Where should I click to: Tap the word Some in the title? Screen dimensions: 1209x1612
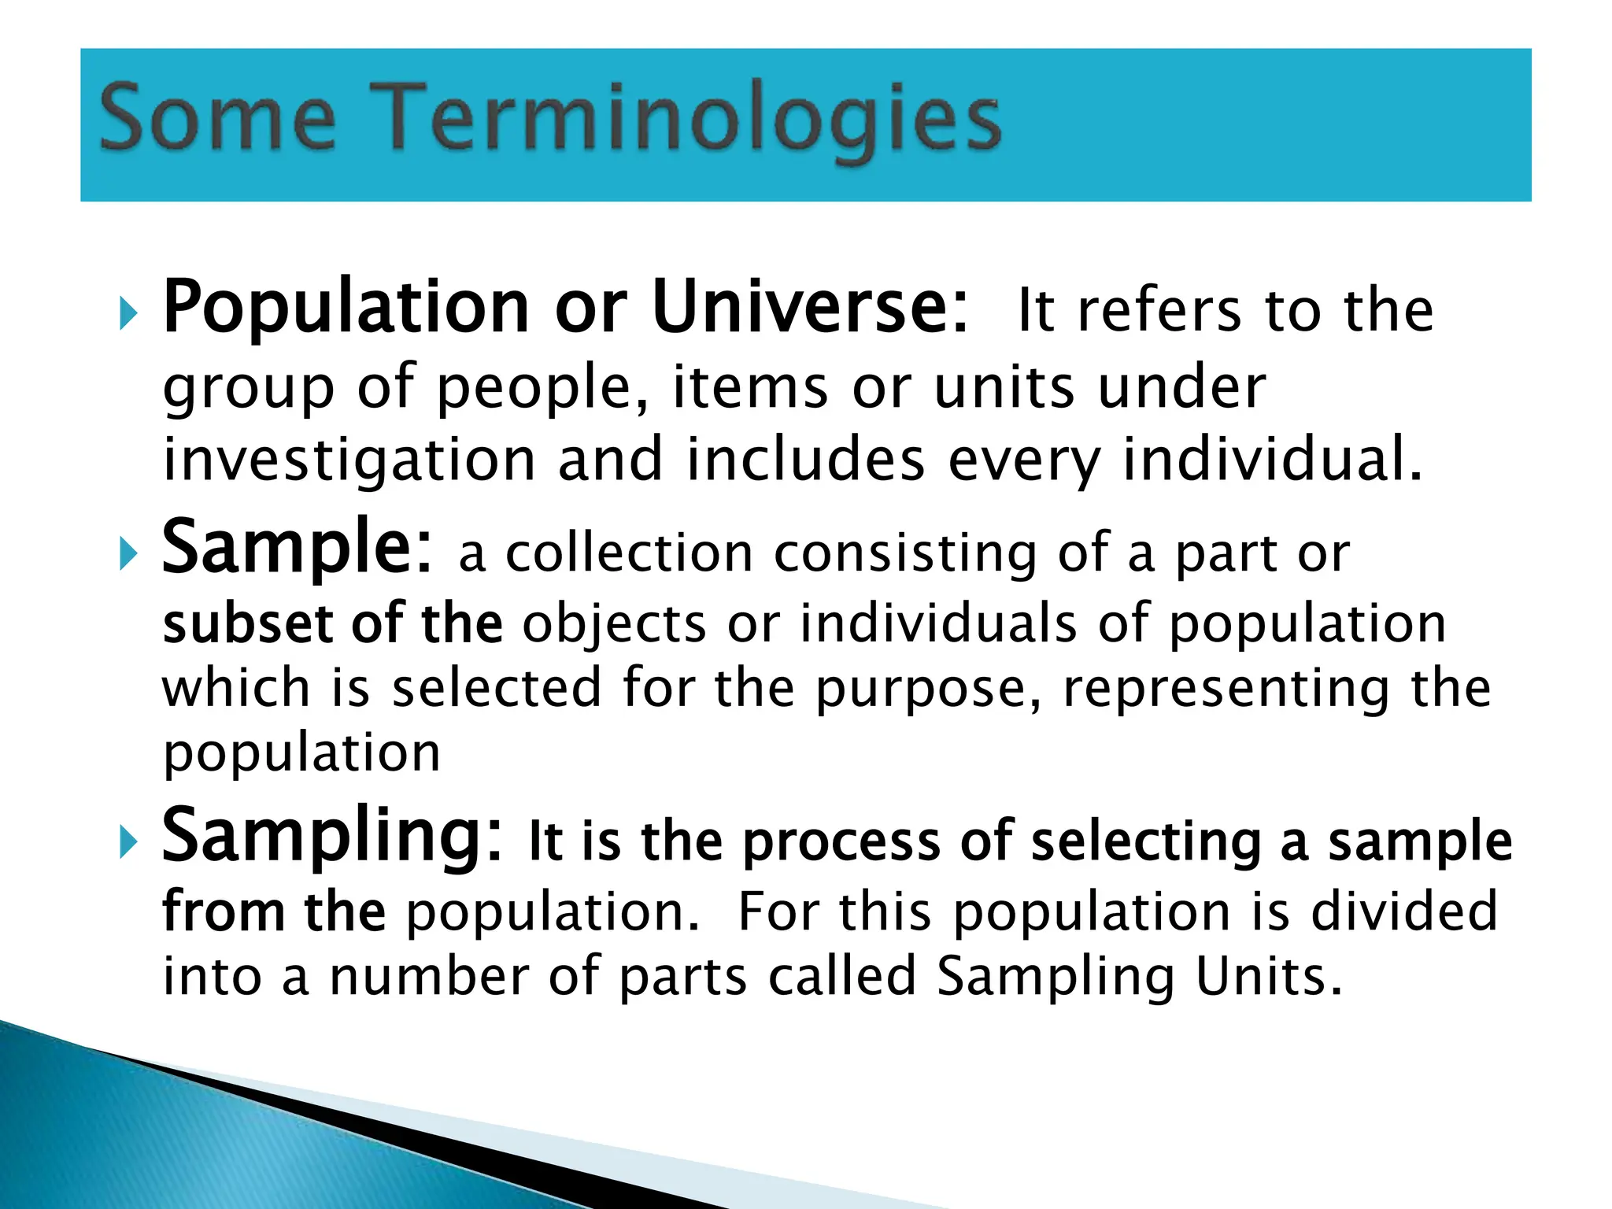[217, 120]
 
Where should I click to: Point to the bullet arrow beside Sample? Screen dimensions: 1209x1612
[128, 555]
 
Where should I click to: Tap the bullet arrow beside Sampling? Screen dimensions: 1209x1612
[128, 843]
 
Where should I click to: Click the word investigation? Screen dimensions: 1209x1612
[349, 460]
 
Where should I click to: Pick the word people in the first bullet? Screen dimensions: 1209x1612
[543, 388]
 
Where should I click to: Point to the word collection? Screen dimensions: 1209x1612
[629, 553]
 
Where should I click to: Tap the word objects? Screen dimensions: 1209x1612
[614, 625]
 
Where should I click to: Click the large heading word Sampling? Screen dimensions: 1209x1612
[331, 837]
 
